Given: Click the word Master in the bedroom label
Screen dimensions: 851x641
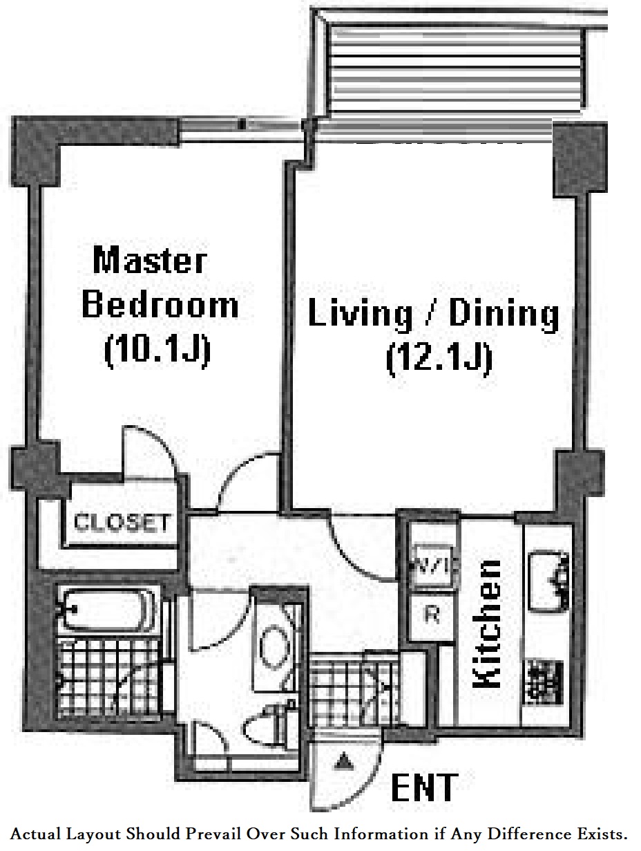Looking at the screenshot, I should click(x=150, y=261).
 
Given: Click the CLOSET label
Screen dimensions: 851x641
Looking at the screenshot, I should click(x=122, y=523).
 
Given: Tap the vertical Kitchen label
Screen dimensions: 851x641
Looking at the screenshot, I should click(x=488, y=624).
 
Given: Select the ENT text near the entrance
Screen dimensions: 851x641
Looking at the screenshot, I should click(x=424, y=787).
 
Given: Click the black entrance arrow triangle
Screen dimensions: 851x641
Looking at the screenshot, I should click(x=343, y=763).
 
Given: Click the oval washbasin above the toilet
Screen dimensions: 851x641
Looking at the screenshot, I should click(x=273, y=645).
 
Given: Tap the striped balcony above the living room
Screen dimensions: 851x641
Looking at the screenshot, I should click(x=456, y=66).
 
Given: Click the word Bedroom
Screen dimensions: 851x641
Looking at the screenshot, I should click(x=160, y=306).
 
